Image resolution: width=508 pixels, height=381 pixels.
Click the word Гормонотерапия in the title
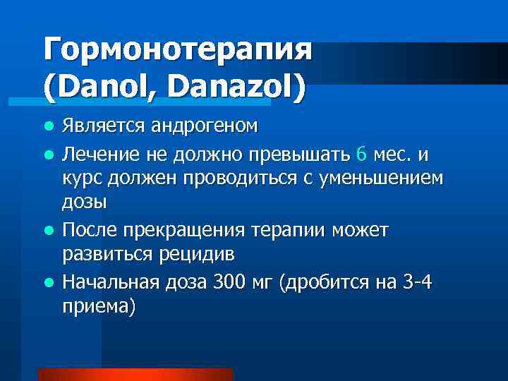(176, 52)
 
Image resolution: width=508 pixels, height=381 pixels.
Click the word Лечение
(101, 154)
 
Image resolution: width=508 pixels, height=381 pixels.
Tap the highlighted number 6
(362, 153)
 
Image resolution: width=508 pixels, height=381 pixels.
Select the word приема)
(98, 308)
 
